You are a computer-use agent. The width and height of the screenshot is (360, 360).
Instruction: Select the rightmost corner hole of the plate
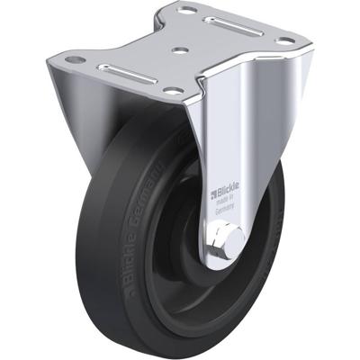[285, 40]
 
